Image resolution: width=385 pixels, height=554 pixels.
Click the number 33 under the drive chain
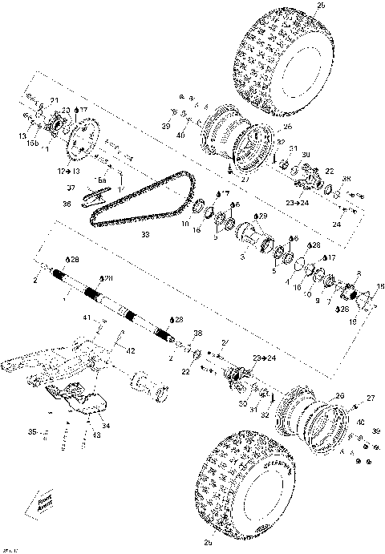[x=144, y=235]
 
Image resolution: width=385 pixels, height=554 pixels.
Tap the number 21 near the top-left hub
[x=55, y=99]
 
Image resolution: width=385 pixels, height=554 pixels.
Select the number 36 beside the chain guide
[x=67, y=204]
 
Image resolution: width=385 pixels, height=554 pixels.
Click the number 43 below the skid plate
[x=95, y=435]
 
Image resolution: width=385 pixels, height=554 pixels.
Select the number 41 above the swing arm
[x=86, y=319]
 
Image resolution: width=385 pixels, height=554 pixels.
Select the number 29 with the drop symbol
[x=261, y=216]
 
